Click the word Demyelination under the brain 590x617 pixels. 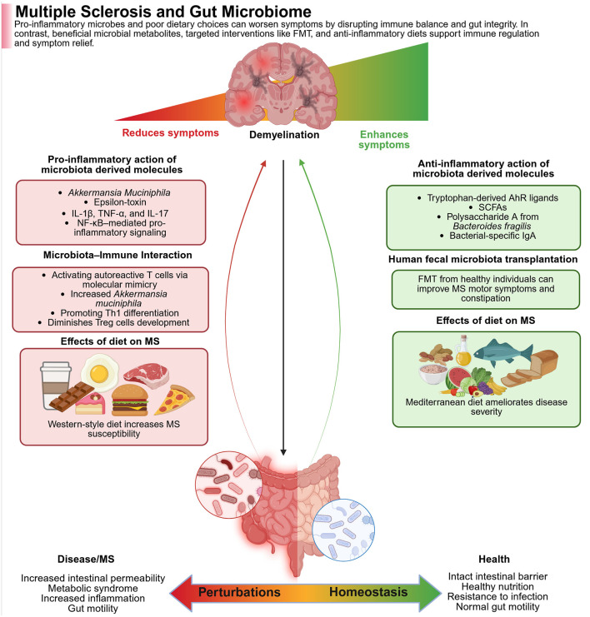pyautogui.click(x=285, y=133)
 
